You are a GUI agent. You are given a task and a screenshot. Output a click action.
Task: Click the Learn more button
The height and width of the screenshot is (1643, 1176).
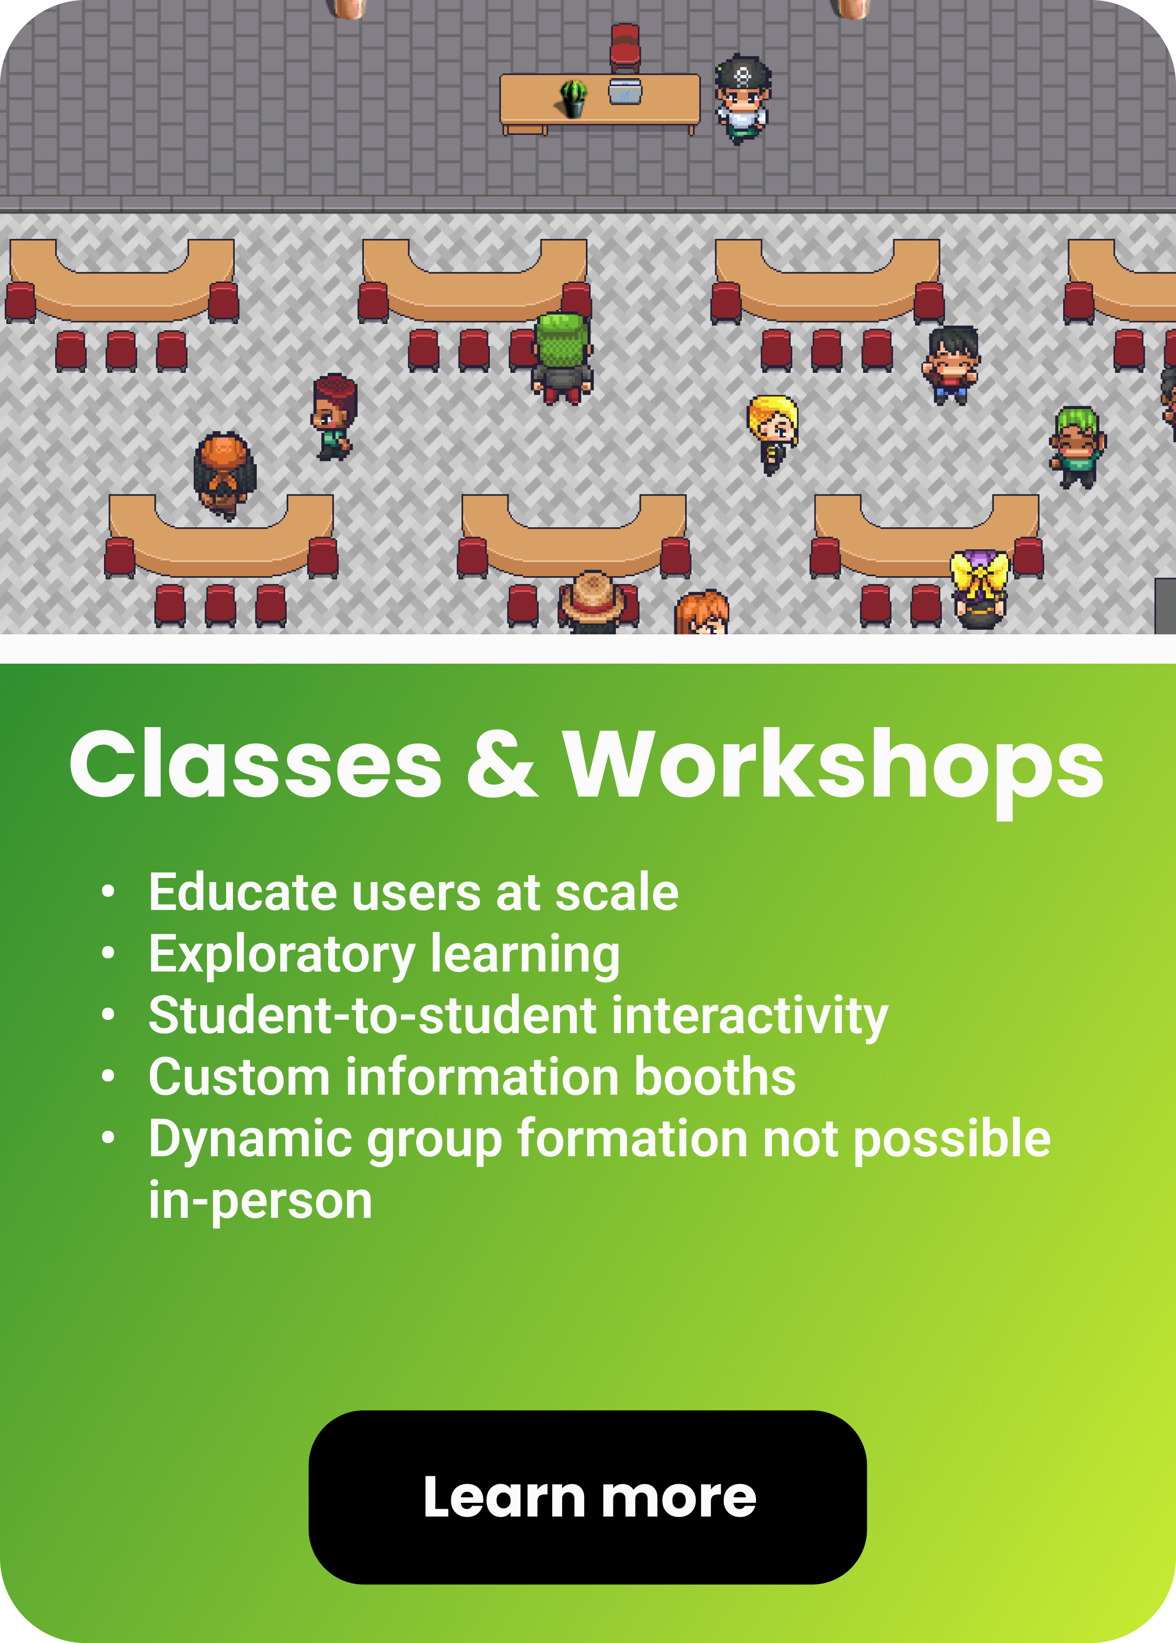tap(588, 1497)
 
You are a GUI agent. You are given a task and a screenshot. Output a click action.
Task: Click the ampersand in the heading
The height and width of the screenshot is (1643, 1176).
tap(502, 765)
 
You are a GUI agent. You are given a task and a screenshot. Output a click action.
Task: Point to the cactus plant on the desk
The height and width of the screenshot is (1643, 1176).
tap(573, 98)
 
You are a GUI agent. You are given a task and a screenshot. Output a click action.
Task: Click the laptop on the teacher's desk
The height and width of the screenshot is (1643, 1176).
tap(625, 91)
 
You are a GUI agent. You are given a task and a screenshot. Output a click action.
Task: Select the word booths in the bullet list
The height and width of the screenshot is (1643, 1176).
tap(714, 1077)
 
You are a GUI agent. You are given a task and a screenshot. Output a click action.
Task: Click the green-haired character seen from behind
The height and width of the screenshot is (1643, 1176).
tap(562, 358)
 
